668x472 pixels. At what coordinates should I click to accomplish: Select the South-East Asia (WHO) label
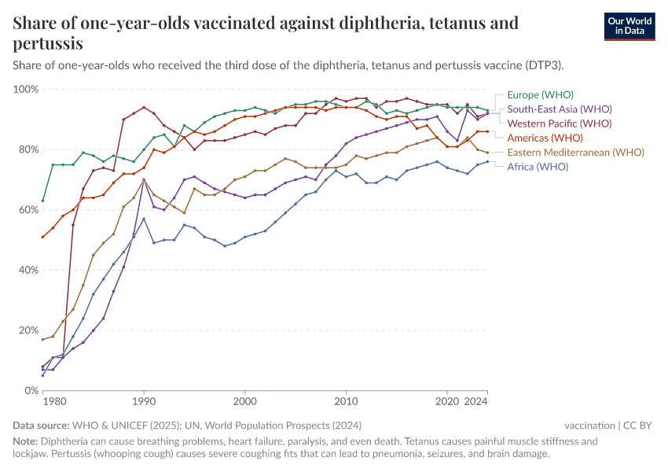560,109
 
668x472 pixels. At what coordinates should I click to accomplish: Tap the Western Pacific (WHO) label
560,124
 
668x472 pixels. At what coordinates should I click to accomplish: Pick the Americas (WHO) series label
545,138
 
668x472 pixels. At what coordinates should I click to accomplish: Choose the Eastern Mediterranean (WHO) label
576,152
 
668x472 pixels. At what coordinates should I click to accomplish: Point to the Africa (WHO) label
538,166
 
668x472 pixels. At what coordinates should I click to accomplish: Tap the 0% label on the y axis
31,390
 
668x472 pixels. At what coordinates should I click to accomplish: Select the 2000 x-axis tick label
245,403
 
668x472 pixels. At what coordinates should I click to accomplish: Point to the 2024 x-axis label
476,403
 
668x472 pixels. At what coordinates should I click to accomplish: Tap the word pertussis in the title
48,43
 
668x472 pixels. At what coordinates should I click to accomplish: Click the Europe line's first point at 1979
43,201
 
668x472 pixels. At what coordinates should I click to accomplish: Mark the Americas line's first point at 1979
43,237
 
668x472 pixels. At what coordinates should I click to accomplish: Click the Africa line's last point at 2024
487,161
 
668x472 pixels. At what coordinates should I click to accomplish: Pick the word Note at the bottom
26,441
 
